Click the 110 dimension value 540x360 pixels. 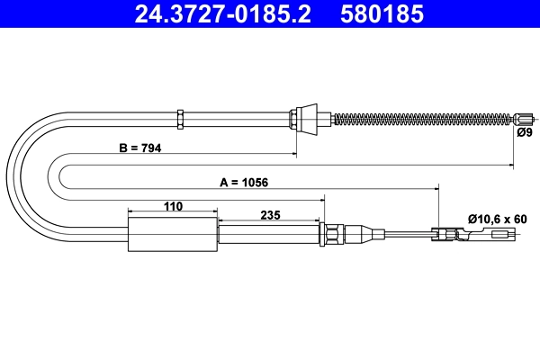click(174, 206)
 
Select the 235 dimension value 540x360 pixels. click(269, 214)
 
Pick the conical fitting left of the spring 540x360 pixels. click(305, 118)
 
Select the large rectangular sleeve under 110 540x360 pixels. click(174, 236)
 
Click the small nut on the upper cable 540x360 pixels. click(181, 118)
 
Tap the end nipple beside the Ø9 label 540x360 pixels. click(525, 118)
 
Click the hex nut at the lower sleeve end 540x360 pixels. click(333, 236)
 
